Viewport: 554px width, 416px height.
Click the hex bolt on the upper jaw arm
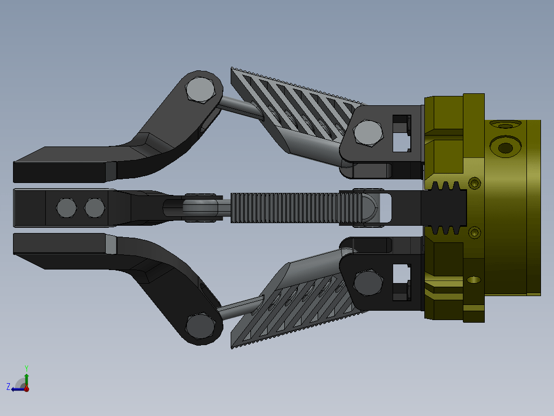[x=200, y=90]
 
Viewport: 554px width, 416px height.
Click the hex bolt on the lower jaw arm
[x=200, y=326]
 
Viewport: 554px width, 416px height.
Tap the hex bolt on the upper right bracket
[x=368, y=133]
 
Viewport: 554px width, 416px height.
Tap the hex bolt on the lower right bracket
[x=368, y=283]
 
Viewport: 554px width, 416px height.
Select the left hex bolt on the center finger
[x=67, y=207]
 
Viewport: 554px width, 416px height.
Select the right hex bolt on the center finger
[x=95, y=207]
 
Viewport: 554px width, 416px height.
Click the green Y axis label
[x=27, y=369]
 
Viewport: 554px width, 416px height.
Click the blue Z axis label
[x=8, y=386]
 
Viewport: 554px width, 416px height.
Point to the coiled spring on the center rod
[x=297, y=207]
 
